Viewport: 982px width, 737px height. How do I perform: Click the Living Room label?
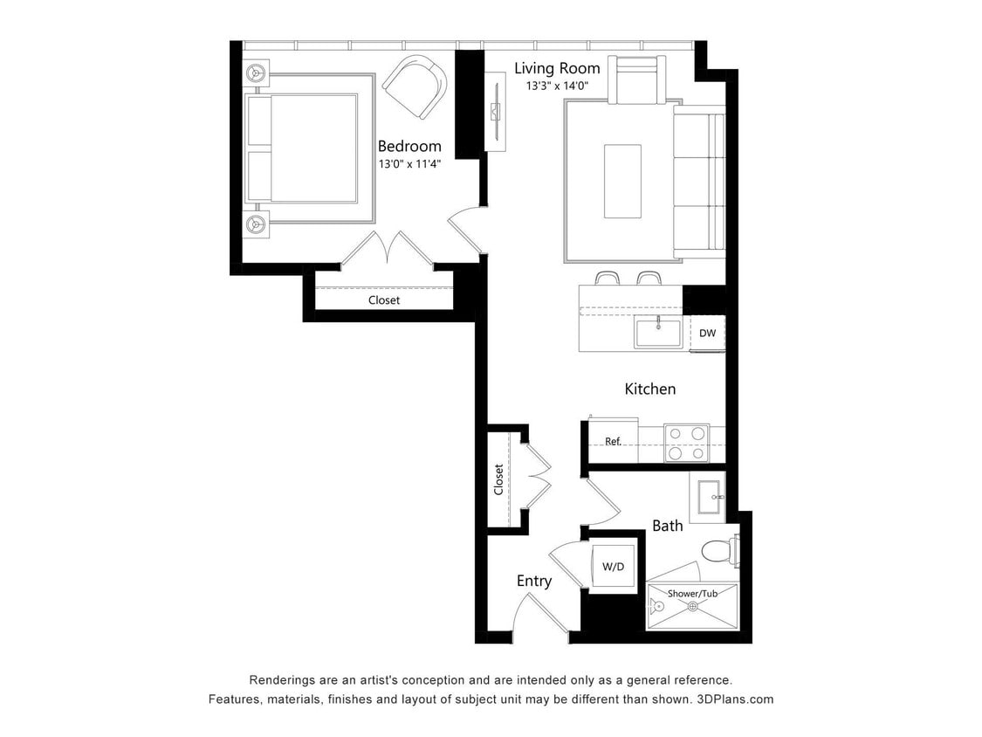(x=557, y=68)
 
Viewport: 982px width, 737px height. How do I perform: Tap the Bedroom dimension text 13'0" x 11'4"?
(x=409, y=163)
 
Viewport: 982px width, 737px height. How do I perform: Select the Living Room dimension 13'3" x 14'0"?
(x=557, y=86)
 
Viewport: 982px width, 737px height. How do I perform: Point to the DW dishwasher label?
(x=708, y=333)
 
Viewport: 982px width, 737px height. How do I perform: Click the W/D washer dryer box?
(x=614, y=567)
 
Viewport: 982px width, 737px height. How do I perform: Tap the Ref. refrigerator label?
(x=613, y=442)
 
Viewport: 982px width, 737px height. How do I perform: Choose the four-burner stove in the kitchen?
(x=685, y=443)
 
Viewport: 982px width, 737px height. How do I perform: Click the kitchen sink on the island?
(x=658, y=333)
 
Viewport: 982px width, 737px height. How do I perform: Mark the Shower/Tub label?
(x=692, y=594)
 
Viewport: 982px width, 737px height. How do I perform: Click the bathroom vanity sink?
(x=706, y=497)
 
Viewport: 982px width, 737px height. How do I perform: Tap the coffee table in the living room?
(x=622, y=181)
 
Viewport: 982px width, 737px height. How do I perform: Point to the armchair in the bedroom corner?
(x=415, y=86)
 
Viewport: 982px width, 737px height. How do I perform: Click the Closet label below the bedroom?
(x=384, y=300)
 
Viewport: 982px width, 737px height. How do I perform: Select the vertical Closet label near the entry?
(x=499, y=479)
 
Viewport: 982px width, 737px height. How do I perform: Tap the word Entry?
(x=533, y=581)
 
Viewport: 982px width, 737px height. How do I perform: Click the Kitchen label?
(x=649, y=389)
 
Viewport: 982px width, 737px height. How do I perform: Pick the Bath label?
(x=667, y=526)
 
